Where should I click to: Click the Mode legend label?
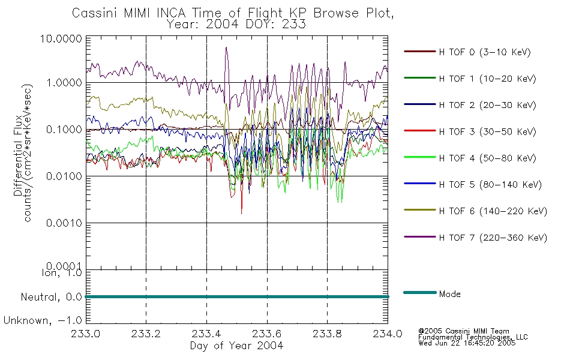[449, 294]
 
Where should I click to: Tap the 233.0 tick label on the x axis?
[86, 334]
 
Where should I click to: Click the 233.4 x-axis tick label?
[207, 334]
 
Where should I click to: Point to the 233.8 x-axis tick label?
[327, 334]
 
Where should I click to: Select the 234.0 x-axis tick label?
[388, 334]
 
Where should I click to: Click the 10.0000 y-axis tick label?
[61, 38]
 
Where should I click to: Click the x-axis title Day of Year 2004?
[236, 346]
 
